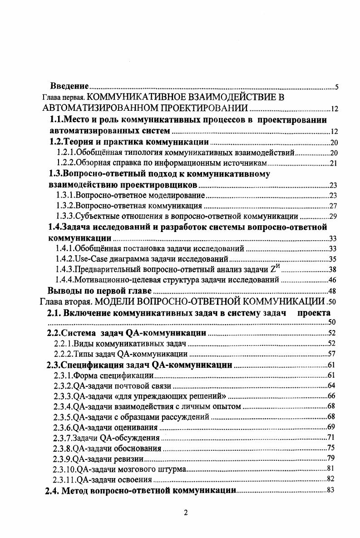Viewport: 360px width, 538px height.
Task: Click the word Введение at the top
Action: tap(69, 87)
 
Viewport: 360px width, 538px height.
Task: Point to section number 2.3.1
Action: tap(63, 375)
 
